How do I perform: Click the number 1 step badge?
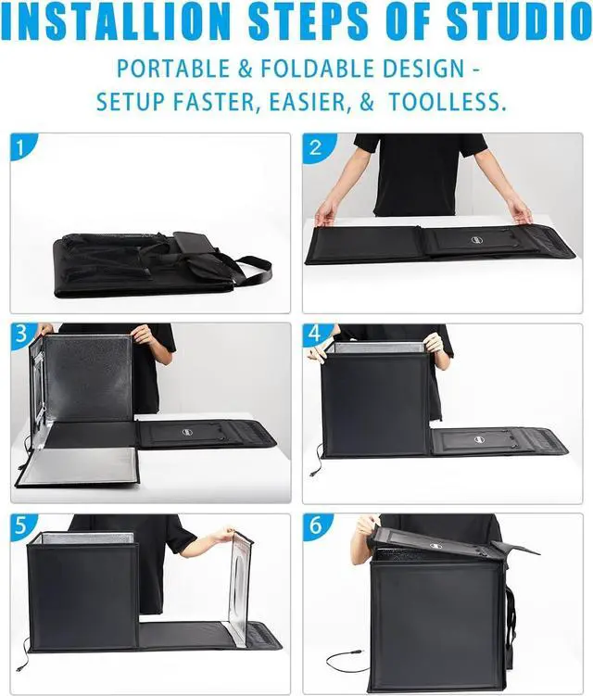[22, 146]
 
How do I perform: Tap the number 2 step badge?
[316, 146]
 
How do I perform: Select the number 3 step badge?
[22, 335]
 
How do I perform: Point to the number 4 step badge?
[316, 336]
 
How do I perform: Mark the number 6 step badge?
[316, 525]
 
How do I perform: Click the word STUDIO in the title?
[502, 22]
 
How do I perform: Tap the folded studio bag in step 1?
[148, 264]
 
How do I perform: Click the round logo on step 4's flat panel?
[480, 439]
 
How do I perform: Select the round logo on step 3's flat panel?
[188, 431]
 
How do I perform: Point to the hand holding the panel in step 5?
[223, 535]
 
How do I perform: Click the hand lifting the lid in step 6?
[368, 525]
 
